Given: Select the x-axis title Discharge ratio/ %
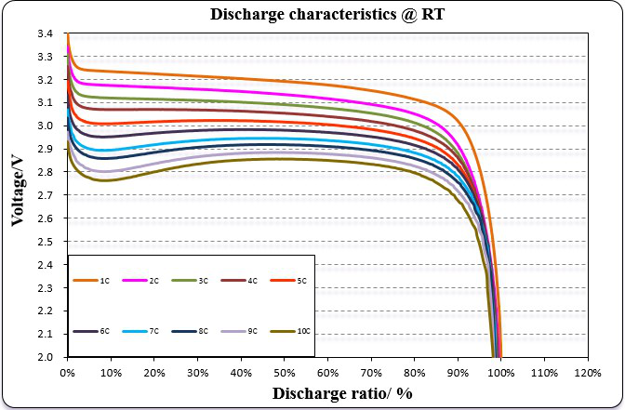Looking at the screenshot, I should [343, 393].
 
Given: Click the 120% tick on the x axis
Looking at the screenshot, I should [587, 372].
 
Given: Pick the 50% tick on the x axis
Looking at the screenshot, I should [284, 372].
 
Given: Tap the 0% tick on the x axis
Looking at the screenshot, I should [67, 372].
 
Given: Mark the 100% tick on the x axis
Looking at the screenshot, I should [500, 372].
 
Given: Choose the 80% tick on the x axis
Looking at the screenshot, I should [414, 372].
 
